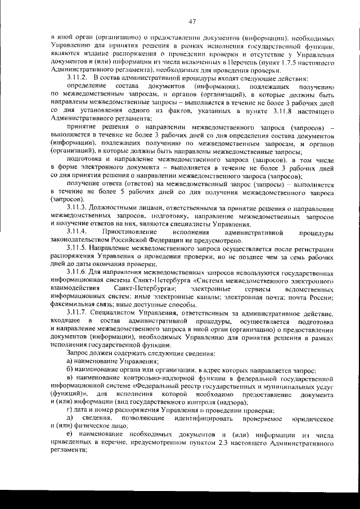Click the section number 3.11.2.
pyautogui.click(x=78, y=76)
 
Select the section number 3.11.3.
pyautogui.click(x=78, y=209)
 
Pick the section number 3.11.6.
pyautogui.click(x=78, y=273)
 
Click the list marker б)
pyautogui.click(x=70, y=371)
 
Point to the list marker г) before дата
pyautogui.click(x=69, y=411)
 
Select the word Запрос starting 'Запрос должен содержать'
pyautogui.click(x=78, y=352)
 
